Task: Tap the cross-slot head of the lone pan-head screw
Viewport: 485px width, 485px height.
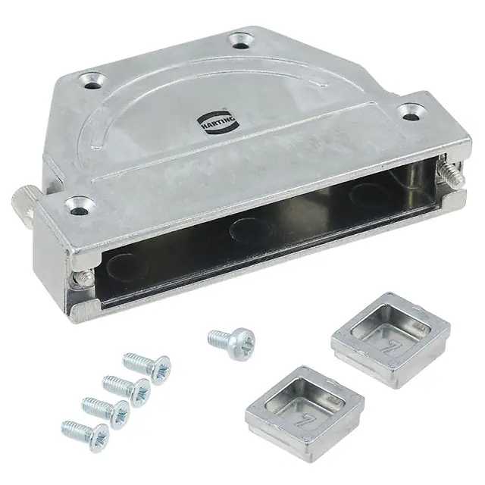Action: pos(244,344)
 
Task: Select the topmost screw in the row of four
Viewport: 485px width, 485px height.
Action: pos(146,368)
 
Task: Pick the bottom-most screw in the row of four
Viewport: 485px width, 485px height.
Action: pos(85,436)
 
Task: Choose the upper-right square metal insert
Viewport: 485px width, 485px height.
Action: pos(391,339)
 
